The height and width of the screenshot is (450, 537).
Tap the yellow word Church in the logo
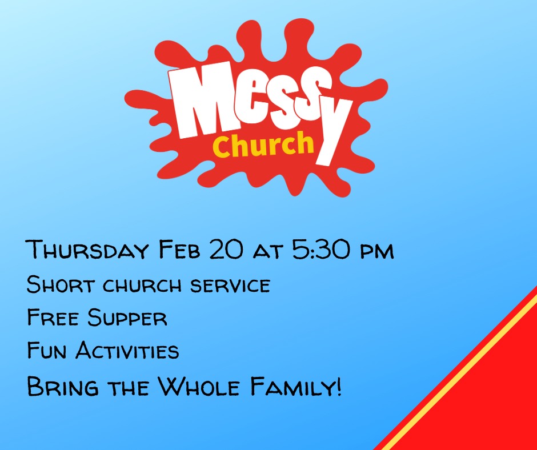pyautogui.click(x=263, y=145)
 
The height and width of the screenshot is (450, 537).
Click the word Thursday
pyautogui.click(x=87, y=250)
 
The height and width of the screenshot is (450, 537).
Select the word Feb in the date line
pyautogui.click(x=179, y=249)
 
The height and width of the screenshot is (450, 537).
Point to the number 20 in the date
pyautogui.click(x=226, y=249)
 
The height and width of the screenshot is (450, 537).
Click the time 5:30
pyautogui.click(x=322, y=249)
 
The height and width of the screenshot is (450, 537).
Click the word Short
pyautogui.click(x=61, y=284)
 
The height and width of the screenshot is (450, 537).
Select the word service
pyautogui.click(x=230, y=286)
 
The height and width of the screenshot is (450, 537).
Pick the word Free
pyautogui.click(x=53, y=317)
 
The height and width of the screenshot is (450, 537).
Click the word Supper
pyautogui.click(x=127, y=317)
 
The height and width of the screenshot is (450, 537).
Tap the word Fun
pyautogui.click(x=47, y=349)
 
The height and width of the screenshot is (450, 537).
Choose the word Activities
pyautogui.click(x=127, y=349)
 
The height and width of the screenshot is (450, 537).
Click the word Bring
pyautogui.click(x=63, y=386)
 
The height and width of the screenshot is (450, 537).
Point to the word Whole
pyautogui.click(x=199, y=386)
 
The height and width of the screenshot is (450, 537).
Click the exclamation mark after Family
pyautogui.click(x=339, y=386)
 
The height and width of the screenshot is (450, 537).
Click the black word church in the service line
pyautogui.click(x=142, y=286)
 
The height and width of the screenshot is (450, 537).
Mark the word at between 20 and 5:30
pyautogui.click(x=268, y=252)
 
